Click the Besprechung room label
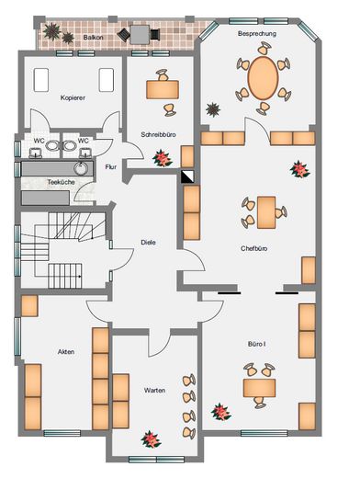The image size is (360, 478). (x=257, y=34)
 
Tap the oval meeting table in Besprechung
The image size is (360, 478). (x=263, y=78)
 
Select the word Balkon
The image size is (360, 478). (x=93, y=38)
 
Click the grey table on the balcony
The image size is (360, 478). (x=140, y=34)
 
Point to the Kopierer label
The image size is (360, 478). (x=73, y=97)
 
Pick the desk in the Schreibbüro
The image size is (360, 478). (x=163, y=89)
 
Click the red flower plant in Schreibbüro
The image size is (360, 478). (x=163, y=158)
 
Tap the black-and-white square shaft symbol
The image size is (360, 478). (x=187, y=176)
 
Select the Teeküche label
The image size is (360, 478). (x=61, y=182)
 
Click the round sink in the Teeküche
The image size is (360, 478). (x=81, y=168)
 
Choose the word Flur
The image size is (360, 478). (x=111, y=167)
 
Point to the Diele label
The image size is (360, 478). (x=148, y=243)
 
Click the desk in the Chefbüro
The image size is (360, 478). (x=266, y=212)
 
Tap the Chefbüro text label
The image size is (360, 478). (x=253, y=248)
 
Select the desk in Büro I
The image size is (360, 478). (x=259, y=388)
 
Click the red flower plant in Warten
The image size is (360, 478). (x=151, y=439)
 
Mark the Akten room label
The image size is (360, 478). (x=66, y=352)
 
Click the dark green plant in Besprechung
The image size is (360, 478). (x=213, y=109)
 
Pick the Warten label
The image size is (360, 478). (x=154, y=391)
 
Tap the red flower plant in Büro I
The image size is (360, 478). (x=220, y=412)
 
